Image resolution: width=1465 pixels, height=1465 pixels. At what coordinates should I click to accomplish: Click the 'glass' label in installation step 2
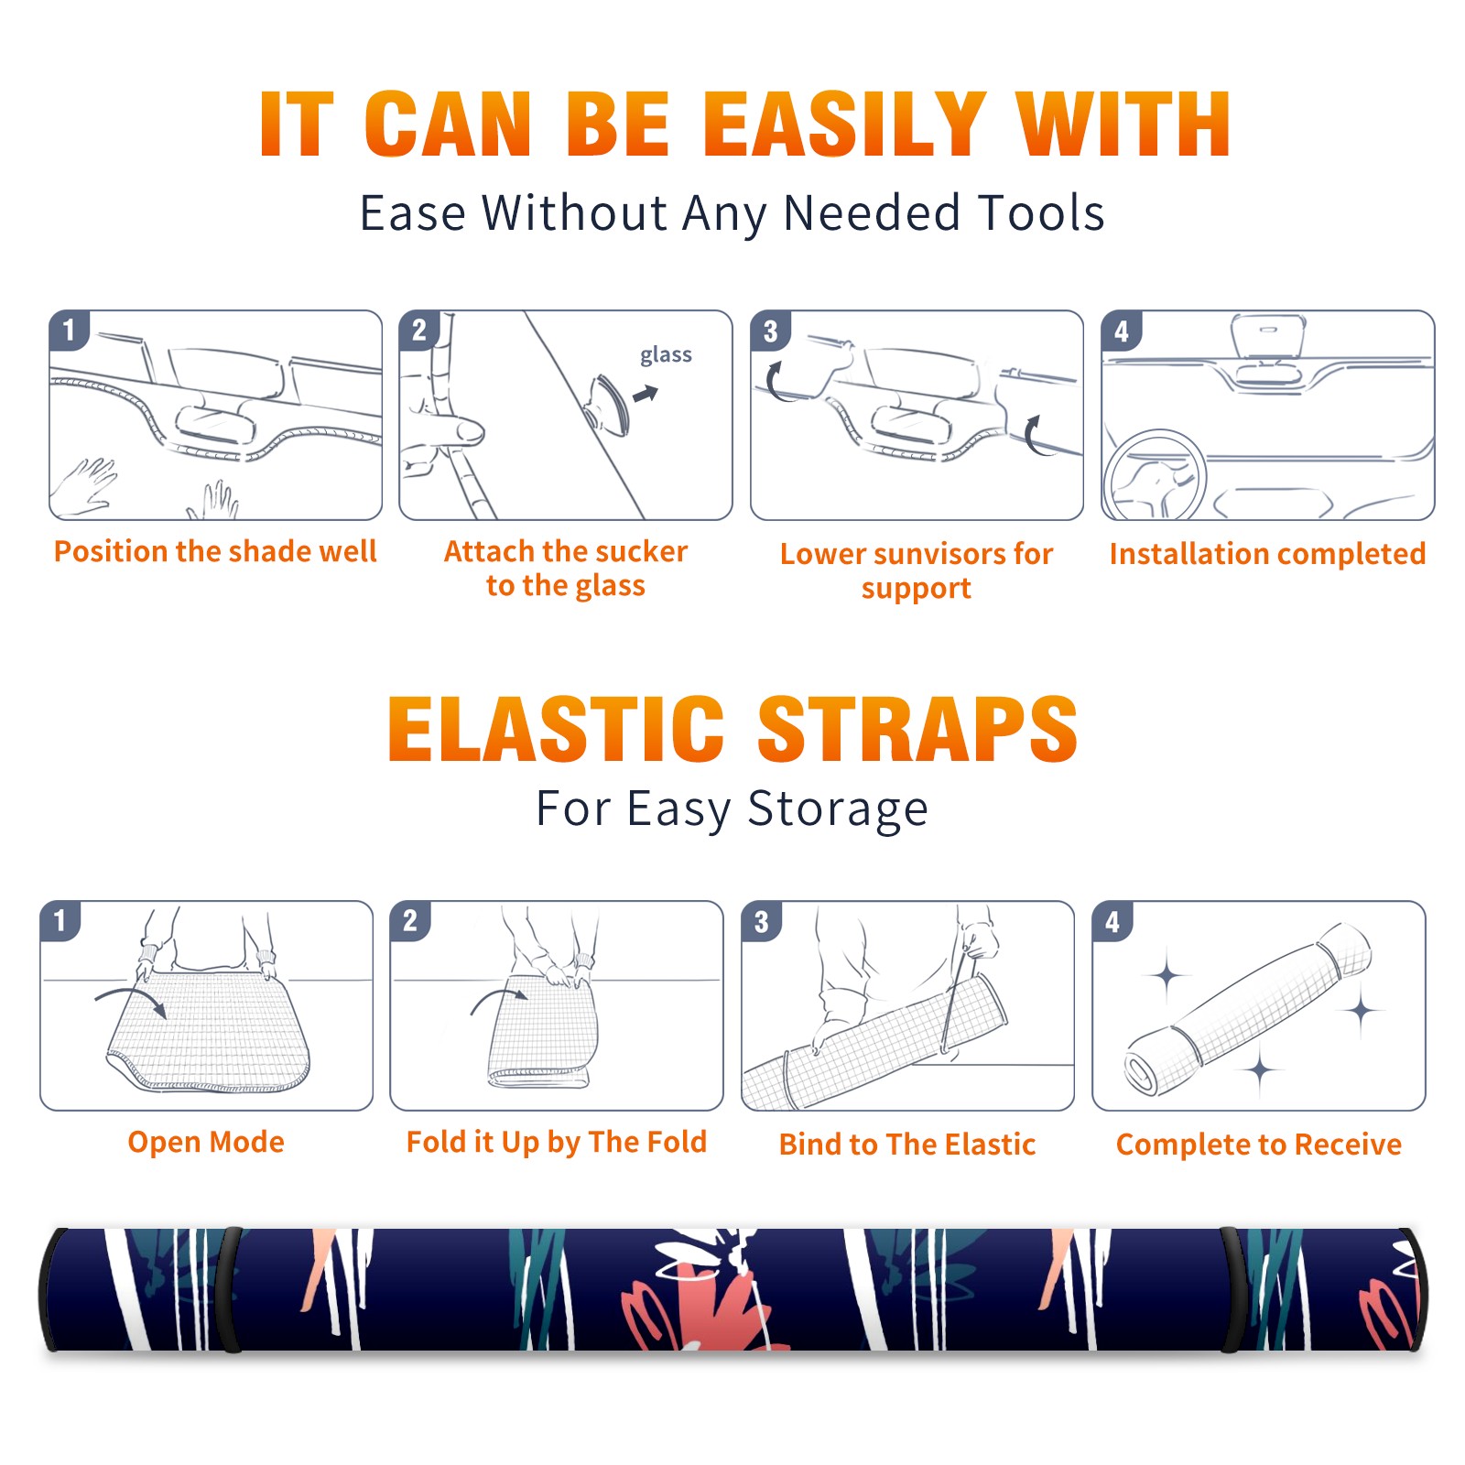(x=666, y=354)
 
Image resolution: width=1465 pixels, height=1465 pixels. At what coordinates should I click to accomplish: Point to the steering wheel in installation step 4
(x=1155, y=475)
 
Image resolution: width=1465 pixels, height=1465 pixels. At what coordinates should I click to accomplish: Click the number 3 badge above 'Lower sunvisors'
(x=770, y=331)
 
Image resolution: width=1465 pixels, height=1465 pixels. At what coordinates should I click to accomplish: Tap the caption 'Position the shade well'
(x=215, y=551)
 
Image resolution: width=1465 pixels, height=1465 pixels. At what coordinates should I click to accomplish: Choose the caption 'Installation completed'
(x=1267, y=554)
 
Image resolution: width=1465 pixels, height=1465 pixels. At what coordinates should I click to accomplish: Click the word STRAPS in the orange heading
(x=917, y=729)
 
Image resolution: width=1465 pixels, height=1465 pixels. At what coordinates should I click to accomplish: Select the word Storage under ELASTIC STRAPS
(x=838, y=809)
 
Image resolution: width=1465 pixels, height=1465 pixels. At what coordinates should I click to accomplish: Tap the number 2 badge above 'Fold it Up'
(x=410, y=920)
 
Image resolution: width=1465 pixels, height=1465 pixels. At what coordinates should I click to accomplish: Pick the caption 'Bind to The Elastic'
(x=906, y=1145)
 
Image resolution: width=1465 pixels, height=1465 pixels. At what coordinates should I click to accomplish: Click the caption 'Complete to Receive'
(x=1259, y=1145)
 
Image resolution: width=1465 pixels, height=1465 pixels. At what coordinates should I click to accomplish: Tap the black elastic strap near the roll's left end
(x=229, y=1289)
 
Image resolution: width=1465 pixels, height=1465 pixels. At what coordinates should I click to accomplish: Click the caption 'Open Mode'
(x=206, y=1142)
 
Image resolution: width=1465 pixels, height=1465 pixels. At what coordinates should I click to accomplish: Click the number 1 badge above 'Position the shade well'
(x=69, y=329)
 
